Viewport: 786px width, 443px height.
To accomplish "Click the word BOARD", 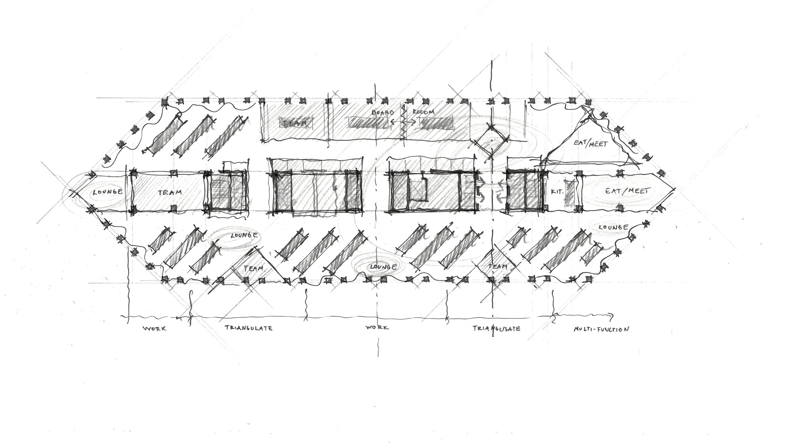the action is (383, 113).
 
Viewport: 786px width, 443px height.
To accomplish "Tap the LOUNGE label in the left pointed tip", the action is (108, 191).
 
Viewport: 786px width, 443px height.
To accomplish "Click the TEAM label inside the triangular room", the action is (253, 268).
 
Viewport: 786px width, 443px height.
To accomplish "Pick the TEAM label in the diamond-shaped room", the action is (498, 267).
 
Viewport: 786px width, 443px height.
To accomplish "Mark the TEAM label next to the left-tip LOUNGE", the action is (170, 192).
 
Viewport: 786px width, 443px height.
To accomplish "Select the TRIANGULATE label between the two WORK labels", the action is (248, 328).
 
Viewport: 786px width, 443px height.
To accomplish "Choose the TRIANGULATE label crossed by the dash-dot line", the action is (496, 329).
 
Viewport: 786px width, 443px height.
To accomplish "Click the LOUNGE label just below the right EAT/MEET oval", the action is (613, 227).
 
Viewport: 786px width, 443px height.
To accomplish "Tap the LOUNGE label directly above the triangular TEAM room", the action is (244, 235).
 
